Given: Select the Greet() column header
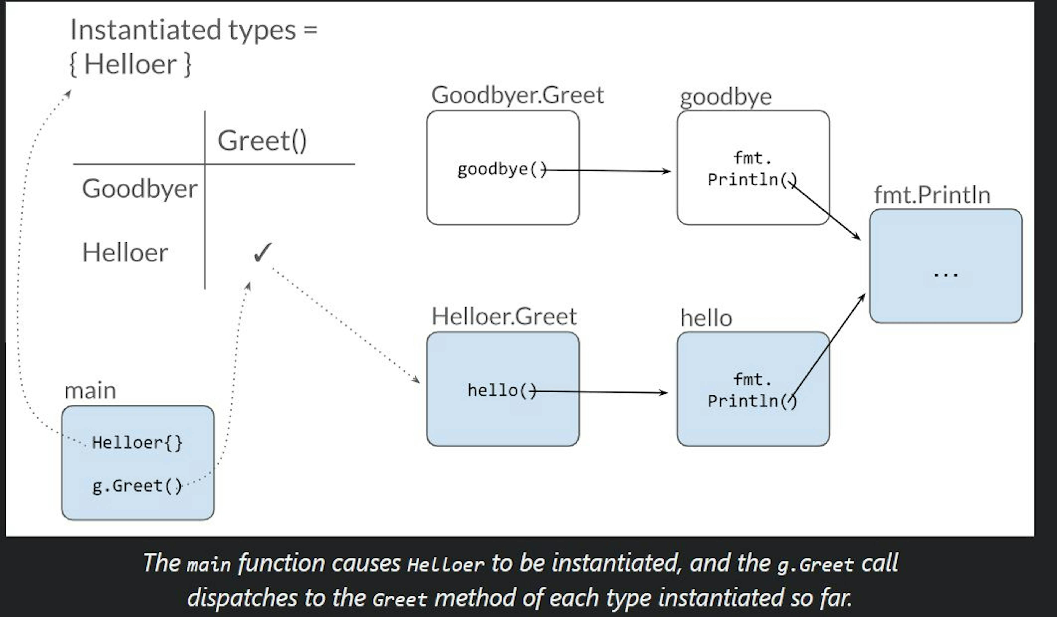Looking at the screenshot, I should (x=262, y=141).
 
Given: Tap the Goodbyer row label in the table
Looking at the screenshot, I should (x=139, y=189).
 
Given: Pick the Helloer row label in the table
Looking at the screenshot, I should (x=125, y=253).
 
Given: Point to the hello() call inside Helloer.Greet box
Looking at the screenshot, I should (x=501, y=391).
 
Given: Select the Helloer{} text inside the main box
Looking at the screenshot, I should (x=137, y=443).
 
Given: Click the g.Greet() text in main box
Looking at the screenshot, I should (x=137, y=486).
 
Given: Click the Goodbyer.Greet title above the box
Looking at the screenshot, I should (x=517, y=95).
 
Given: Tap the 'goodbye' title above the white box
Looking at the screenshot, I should (x=725, y=97).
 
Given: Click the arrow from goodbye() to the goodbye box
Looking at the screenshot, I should (x=608, y=170).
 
